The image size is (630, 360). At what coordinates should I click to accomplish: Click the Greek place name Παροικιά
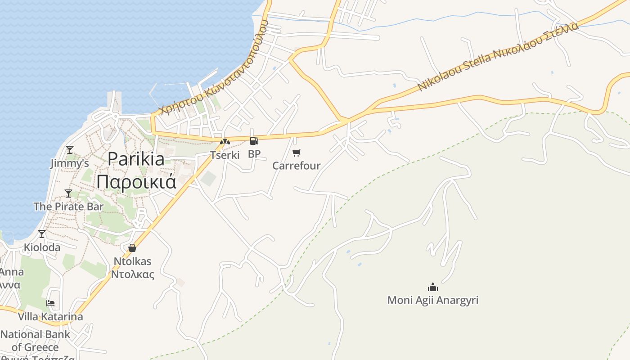point(136,182)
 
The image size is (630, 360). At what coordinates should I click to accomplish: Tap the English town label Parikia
point(136,159)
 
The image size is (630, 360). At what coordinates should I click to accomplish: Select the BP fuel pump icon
point(254,141)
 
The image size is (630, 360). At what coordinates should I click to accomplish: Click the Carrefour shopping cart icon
point(296,153)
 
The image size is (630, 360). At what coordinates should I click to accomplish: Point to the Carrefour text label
point(297,166)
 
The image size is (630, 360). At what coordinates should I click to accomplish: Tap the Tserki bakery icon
point(225,142)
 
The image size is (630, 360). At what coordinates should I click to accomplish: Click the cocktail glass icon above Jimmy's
point(70,150)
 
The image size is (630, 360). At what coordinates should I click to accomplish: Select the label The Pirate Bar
point(68,207)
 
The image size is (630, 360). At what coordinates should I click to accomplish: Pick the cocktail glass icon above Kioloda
point(42,234)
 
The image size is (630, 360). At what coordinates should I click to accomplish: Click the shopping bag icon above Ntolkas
point(132,248)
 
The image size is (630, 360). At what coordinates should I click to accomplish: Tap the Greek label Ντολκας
point(132,274)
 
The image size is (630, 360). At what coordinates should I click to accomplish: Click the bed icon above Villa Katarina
point(50,303)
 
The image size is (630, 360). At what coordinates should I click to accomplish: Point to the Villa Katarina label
point(50,317)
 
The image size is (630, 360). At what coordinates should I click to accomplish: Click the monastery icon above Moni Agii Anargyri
point(433,287)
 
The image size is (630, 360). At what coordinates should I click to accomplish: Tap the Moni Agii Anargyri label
point(433,300)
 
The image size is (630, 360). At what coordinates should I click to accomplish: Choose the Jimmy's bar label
point(69,163)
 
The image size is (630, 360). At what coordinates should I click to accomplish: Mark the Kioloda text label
point(42,247)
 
